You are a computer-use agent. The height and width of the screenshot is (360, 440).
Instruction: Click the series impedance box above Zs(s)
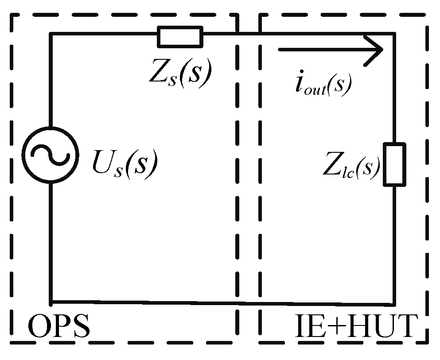(x=180, y=36)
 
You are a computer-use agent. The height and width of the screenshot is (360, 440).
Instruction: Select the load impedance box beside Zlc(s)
(x=394, y=164)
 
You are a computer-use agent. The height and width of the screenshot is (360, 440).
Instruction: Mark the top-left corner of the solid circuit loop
(x=51, y=34)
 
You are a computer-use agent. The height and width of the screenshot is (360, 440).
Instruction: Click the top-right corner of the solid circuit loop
(x=394, y=34)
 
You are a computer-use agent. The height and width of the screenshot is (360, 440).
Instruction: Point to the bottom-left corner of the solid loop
(x=51, y=302)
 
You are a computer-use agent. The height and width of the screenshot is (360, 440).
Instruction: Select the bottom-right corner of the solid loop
(x=394, y=304)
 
